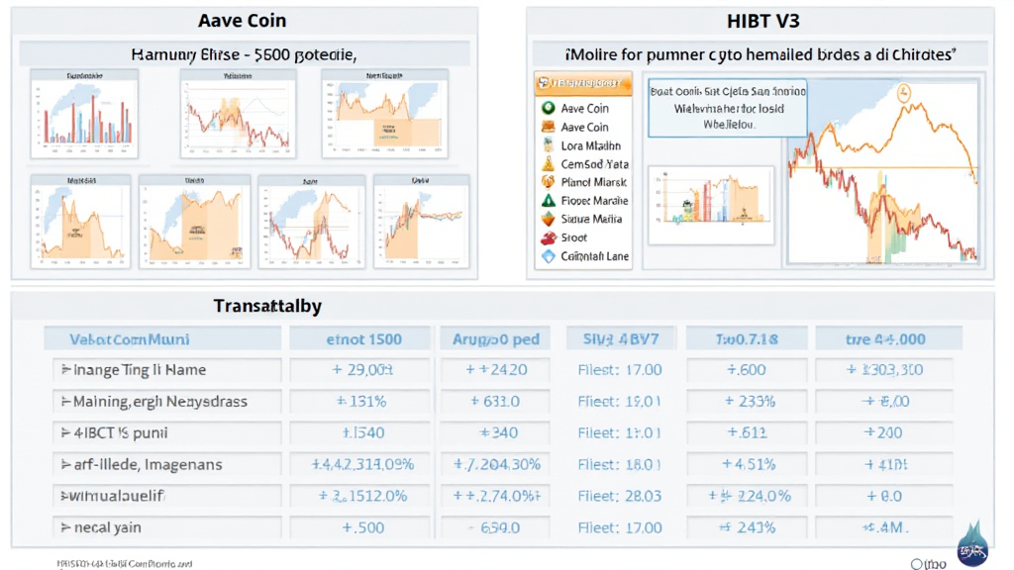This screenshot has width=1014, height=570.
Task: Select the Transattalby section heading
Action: tap(268, 307)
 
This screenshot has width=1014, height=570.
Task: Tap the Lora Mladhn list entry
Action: tap(591, 145)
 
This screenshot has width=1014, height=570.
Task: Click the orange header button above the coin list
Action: tap(582, 84)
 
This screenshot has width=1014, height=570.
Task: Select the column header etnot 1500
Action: tap(363, 339)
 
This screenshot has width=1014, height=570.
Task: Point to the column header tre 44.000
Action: tap(885, 339)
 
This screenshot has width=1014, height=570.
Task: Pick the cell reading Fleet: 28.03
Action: tap(619, 496)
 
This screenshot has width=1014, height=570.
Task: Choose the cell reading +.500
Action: tap(362, 527)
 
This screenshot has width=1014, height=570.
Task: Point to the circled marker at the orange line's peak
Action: tap(903, 94)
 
